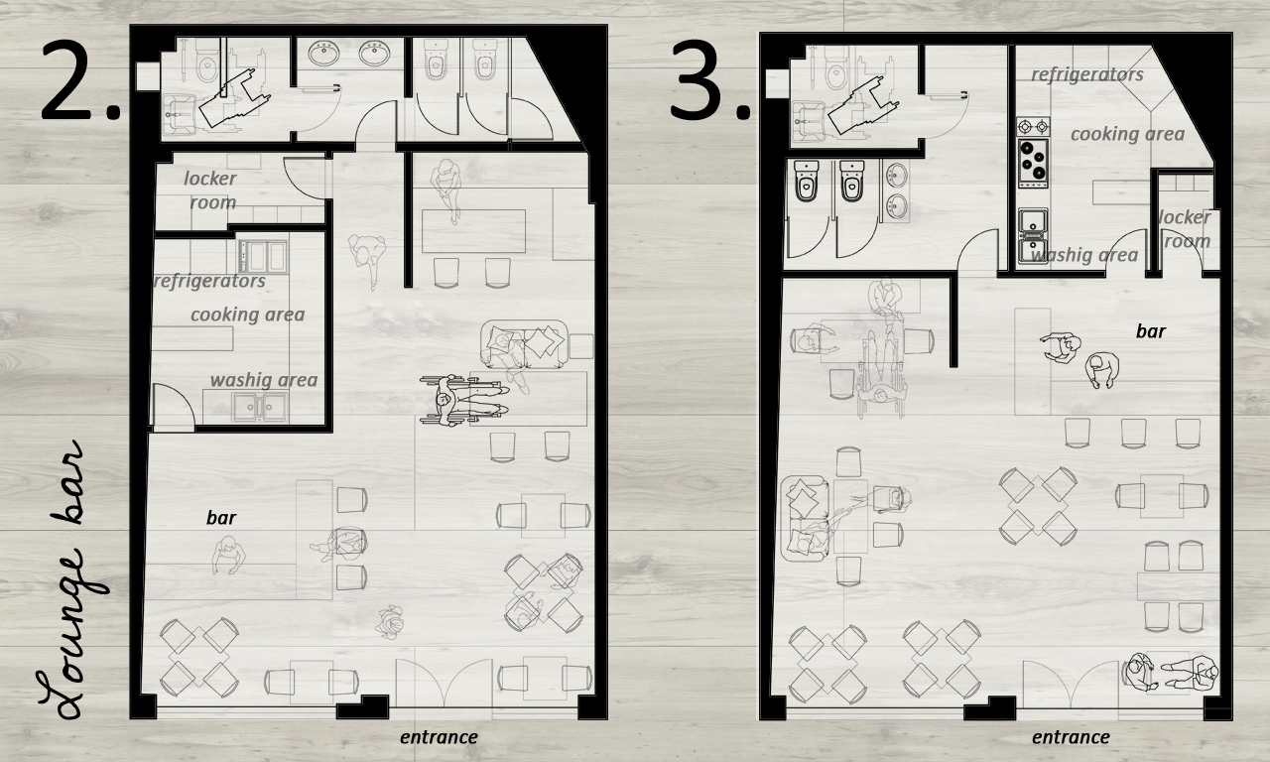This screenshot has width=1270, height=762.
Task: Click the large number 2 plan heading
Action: (79, 79)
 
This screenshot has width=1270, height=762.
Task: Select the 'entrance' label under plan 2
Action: (439, 737)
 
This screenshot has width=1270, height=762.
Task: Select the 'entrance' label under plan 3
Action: (1071, 737)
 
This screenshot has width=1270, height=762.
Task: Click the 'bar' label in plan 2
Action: (221, 518)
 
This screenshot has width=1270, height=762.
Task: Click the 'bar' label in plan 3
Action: (1151, 331)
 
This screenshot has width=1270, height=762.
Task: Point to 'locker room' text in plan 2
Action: (211, 190)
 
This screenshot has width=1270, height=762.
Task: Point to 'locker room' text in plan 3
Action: (1185, 229)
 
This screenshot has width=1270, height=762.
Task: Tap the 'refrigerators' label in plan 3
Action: (1087, 74)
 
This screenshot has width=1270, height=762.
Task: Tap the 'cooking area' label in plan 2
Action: (248, 315)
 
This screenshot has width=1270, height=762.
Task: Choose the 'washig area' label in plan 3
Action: (1084, 256)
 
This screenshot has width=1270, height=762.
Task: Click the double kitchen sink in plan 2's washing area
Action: (260, 407)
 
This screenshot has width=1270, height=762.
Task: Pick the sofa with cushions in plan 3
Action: (805, 518)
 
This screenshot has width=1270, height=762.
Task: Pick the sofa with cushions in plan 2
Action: (524, 343)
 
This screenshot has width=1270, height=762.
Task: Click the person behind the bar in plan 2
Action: (229, 557)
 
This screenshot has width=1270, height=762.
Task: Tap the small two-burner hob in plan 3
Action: (1033, 126)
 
